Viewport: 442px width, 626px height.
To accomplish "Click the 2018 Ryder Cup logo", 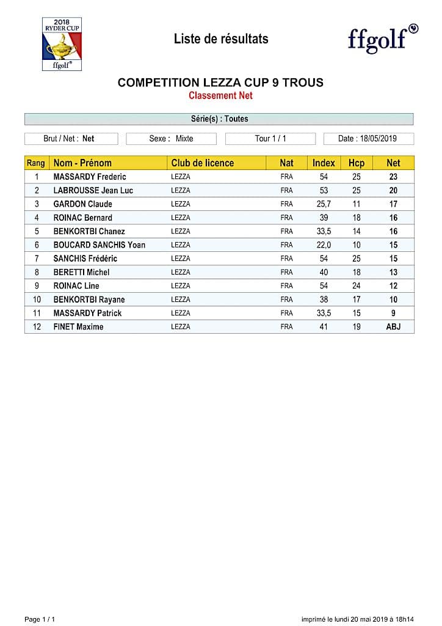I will pos(62,43).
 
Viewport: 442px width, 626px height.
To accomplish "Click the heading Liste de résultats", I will pos(221,39).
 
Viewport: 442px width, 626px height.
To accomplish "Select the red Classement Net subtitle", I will pos(220,95).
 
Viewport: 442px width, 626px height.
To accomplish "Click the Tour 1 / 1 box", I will pos(270,139).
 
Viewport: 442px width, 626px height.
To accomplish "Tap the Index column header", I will pos(324,163).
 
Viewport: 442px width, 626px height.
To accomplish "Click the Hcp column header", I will pos(357,163).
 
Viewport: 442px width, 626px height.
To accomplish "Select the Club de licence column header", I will pos(203,163).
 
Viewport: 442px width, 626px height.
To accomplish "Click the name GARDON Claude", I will pos(83,204).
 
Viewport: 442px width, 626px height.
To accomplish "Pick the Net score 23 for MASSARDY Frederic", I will pos(393,177).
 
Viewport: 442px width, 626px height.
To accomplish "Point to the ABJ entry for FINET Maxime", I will pos(393,327).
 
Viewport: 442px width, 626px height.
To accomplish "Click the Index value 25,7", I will pos(324,204).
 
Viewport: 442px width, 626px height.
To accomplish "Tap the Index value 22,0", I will pos(324,245).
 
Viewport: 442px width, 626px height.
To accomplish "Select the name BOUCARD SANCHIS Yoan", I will pos(100,245).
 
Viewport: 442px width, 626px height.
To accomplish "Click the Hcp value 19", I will pos(357,327).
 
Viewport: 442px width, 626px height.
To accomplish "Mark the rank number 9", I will pos(37,286).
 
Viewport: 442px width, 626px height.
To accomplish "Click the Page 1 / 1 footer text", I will pos(40,619).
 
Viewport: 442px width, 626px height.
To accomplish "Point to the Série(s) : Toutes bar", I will pos(219,119).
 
